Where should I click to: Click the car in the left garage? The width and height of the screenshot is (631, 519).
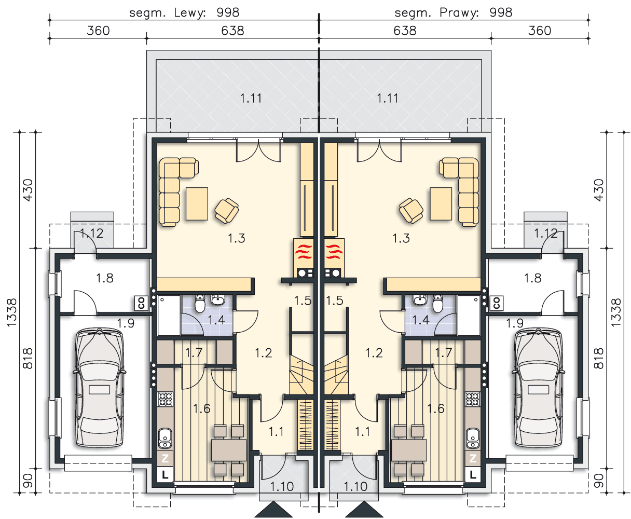[x=99, y=388]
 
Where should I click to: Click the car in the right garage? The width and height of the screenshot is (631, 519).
[x=538, y=388]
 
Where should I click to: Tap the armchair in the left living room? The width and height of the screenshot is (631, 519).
[x=226, y=210]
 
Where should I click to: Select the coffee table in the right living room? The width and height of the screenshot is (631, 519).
[x=441, y=204]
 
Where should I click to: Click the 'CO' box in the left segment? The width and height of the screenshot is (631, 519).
[x=142, y=303]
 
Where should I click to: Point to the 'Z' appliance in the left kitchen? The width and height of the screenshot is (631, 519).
[x=165, y=458]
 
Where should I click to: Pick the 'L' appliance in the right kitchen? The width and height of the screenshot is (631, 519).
[x=473, y=475]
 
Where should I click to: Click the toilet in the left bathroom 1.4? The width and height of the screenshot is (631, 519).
[x=200, y=304]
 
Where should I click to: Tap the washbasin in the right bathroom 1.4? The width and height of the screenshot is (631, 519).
[x=420, y=299]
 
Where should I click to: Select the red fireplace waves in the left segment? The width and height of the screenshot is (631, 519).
[x=304, y=252]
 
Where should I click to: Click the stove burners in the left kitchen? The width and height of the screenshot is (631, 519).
[x=165, y=399]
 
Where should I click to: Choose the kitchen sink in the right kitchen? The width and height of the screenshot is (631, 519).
[x=473, y=439]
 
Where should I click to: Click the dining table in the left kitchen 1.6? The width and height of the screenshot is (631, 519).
[x=229, y=450]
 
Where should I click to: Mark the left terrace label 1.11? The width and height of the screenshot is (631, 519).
[x=251, y=98]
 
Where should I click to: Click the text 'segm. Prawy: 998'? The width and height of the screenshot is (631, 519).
[x=454, y=12]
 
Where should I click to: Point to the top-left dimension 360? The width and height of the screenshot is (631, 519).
[x=98, y=31]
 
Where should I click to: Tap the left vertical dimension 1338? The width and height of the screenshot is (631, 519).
[x=12, y=312]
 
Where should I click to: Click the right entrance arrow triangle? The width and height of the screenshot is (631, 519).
[x=364, y=510]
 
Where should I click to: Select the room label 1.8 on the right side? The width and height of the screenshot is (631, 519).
[x=532, y=278]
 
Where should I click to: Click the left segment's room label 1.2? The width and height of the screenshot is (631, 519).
[x=263, y=353]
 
